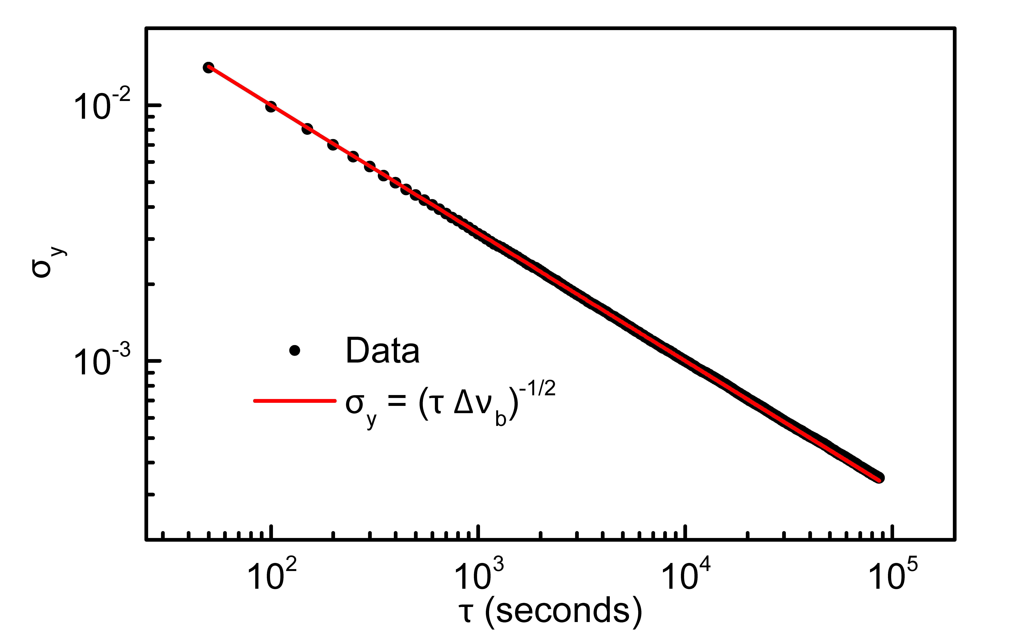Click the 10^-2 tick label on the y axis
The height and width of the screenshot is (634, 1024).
tap(102, 106)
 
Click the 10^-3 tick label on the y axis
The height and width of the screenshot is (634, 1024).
tap(102, 362)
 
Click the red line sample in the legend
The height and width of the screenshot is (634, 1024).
tap(295, 401)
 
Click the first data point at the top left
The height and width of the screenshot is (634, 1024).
tap(208, 67)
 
